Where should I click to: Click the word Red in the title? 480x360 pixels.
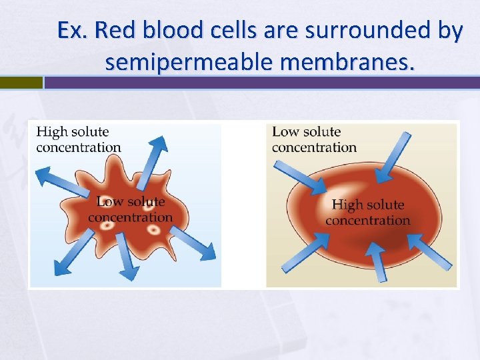[113, 31]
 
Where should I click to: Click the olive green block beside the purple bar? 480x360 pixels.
[21, 82]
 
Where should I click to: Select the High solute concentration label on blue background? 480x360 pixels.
[78, 140]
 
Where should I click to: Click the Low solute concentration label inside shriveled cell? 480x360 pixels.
[131, 209]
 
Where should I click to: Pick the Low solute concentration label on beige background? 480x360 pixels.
[314, 140]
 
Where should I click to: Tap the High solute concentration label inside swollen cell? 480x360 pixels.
[367, 212]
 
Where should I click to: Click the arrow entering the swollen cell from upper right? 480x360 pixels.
[393, 157]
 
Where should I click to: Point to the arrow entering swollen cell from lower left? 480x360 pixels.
[303, 254]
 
